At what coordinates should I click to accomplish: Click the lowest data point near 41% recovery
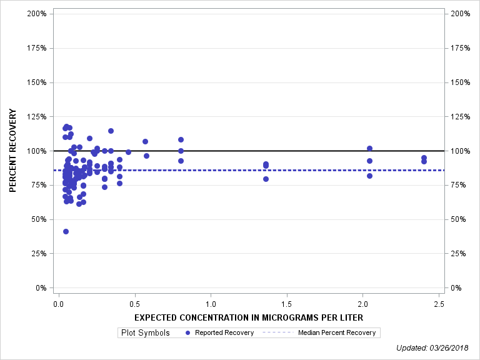tap(66, 231)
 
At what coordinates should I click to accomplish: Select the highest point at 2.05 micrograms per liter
tap(369, 148)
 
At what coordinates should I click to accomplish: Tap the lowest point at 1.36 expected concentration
tap(266, 179)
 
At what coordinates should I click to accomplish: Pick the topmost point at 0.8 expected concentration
tap(181, 139)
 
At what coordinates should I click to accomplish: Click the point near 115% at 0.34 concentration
tap(111, 131)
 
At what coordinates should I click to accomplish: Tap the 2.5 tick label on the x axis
tap(439, 304)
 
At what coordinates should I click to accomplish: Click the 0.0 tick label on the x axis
tap(58, 304)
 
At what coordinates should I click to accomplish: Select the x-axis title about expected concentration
tap(249, 317)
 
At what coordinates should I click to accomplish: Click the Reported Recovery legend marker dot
tap(188, 332)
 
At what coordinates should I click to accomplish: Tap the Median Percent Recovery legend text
tap(337, 332)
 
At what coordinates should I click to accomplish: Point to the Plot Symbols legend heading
tap(144, 332)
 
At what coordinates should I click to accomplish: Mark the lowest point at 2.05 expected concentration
tap(369, 176)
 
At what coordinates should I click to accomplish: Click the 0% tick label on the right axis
tap(457, 288)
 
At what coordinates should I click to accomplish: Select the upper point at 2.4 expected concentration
tap(424, 157)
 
